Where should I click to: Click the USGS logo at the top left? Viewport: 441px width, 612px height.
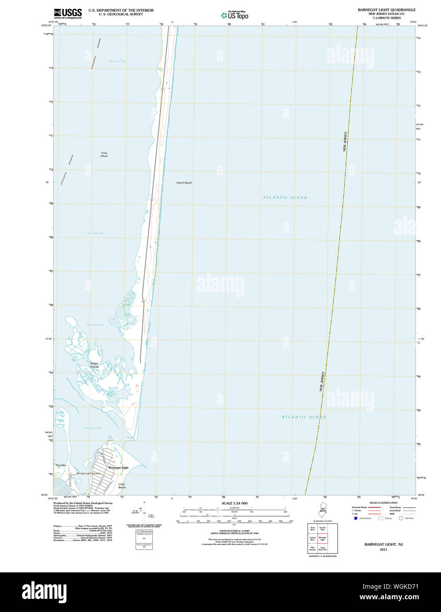click(x=68, y=13)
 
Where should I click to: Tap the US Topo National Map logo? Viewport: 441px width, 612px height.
click(x=235, y=15)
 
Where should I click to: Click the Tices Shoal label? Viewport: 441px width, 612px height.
click(x=104, y=155)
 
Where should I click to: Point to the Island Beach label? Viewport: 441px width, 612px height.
click(x=184, y=183)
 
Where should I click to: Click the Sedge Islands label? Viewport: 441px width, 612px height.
click(x=94, y=365)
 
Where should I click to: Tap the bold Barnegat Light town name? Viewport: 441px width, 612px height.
click(x=118, y=468)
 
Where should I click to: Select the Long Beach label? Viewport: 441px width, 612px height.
click(x=122, y=486)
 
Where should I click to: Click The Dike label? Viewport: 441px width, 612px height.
click(x=61, y=465)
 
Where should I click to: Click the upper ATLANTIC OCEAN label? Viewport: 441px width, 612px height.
click(x=285, y=198)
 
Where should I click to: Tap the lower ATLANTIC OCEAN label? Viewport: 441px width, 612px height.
click(x=304, y=417)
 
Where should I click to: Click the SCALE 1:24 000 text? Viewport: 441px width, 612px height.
click(x=234, y=503)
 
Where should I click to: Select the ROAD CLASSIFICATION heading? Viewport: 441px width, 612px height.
click(x=383, y=503)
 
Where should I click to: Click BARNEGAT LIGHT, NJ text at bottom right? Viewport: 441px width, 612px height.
click(x=383, y=545)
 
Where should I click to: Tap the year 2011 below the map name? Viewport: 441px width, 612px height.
click(x=383, y=549)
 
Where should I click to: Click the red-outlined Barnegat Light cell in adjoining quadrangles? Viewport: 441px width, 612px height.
click(x=323, y=538)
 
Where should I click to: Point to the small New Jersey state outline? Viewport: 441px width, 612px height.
click(x=323, y=509)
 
